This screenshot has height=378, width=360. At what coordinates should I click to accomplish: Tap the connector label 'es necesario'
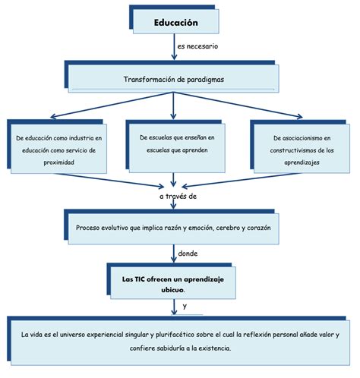tap(197, 46)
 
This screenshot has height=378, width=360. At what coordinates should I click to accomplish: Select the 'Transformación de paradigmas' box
tap(172, 77)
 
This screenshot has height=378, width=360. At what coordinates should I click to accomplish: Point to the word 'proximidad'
tap(58, 162)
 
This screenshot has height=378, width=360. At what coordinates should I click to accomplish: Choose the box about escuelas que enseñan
tap(175, 146)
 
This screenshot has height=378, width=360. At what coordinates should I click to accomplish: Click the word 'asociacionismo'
tap(300, 138)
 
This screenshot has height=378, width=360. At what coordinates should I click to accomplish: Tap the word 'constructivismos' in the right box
tap(293, 150)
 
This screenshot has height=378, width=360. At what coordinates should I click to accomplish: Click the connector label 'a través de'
tap(178, 197)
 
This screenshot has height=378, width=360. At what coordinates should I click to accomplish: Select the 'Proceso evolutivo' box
tap(172, 227)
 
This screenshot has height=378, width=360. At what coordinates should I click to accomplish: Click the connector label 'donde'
tap(188, 254)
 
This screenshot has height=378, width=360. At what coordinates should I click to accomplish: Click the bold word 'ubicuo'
tap(172, 290)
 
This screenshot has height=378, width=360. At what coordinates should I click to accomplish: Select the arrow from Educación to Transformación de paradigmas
tap(174, 47)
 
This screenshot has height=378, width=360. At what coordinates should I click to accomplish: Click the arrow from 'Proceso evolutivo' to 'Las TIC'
tap(174, 254)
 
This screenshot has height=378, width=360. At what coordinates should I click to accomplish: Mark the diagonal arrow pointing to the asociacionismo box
tap(238, 105)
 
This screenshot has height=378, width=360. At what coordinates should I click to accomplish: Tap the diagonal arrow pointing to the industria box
tap(112, 106)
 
